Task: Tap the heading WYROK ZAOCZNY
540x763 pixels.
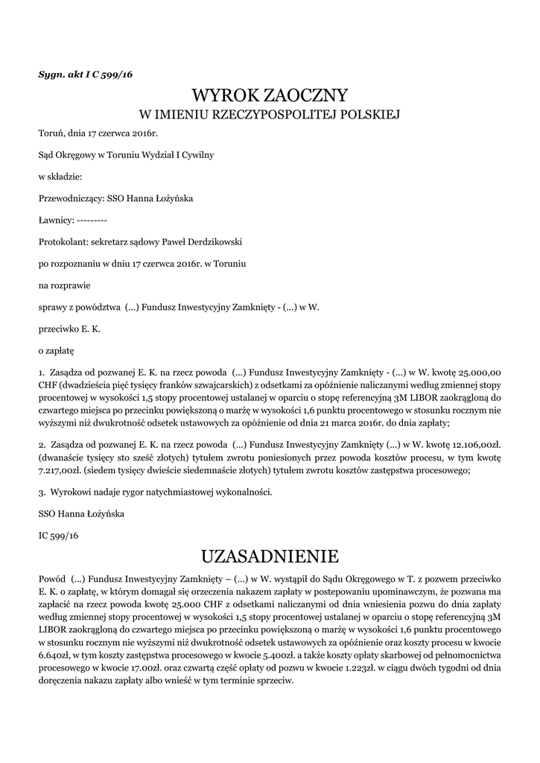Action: coord(270,95)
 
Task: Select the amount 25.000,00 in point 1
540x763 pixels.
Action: coord(478,371)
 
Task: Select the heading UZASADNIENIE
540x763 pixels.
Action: coord(270,557)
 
